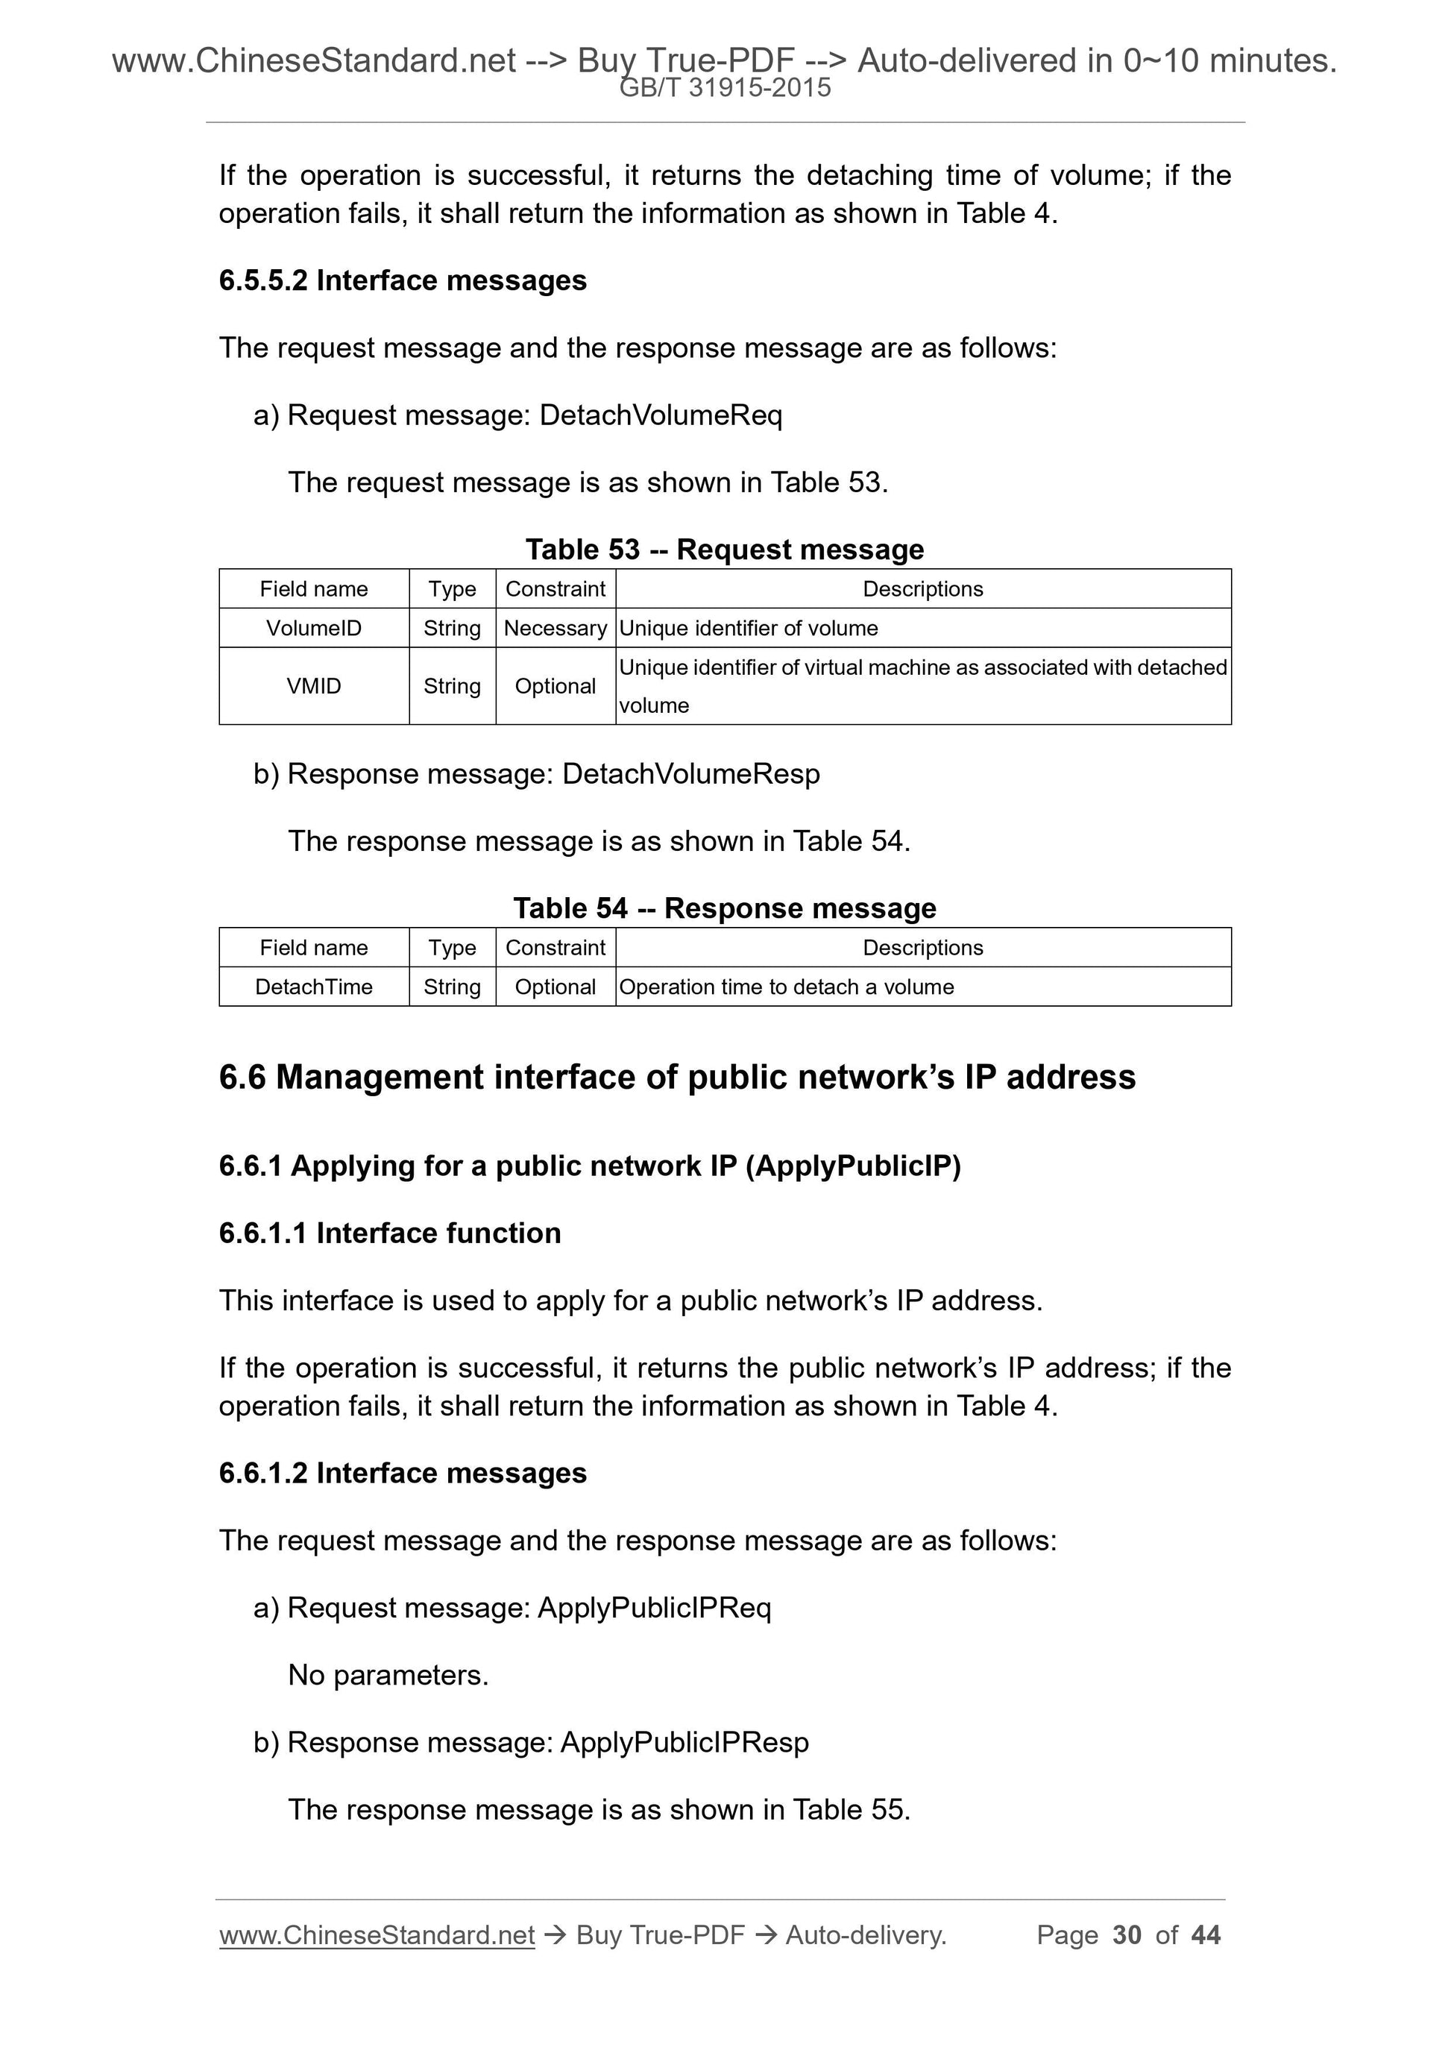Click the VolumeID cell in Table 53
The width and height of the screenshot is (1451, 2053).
(x=314, y=628)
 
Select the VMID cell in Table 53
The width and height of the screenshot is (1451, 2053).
(x=314, y=686)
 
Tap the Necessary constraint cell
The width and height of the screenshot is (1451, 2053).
(x=555, y=628)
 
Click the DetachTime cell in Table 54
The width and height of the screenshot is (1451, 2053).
(x=314, y=987)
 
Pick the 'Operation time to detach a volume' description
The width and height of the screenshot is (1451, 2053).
(x=786, y=987)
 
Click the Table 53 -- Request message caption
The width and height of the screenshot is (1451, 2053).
(x=724, y=549)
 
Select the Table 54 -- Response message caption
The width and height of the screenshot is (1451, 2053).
(x=724, y=908)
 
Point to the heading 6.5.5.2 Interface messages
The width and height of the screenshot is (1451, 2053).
(x=403, y=280)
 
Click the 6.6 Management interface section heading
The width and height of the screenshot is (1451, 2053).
(x=677, y=1077)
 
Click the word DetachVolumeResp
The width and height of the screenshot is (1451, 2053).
(x=690, y=773)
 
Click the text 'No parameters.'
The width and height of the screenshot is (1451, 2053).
(x=388, y=1675)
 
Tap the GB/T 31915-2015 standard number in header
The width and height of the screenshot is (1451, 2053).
(x=725, y=88)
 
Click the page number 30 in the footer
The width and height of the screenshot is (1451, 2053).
(x=1127, y=1935)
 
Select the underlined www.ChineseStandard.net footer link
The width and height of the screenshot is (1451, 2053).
(x=377, y=1935)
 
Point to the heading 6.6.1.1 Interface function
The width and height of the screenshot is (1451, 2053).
(x=390, y=1233)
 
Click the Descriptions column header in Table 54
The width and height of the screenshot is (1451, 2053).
(x=922, y=947)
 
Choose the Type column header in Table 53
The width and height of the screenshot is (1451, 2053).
(x=452, y=588)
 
